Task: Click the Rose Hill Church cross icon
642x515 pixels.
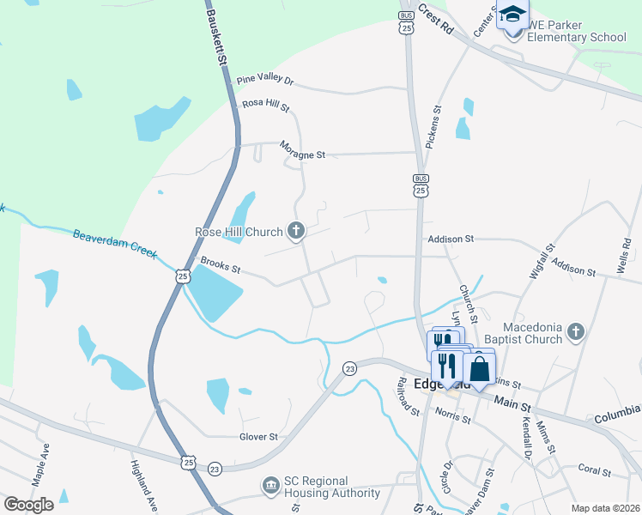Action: click(x=297, y=231)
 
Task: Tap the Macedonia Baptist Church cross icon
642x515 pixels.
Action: click(x=576, y=331)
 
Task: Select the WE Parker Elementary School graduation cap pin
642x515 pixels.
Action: click(x=513, y=17)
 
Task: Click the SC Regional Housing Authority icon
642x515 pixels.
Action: click(x=271, y=487)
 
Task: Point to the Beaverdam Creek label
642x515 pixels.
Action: click(x=115, y=243)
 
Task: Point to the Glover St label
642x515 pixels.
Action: click(x=258, y=436)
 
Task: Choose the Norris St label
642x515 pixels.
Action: click(x=452, y=415)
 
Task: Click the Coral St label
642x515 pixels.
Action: click(x=593, y=470)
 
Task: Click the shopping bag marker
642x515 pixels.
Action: click(x=480, y=368)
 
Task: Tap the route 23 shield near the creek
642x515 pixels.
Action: click(x=349, y=367)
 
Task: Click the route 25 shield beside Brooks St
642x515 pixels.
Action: click(x=181, y=276)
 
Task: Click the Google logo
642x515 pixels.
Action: click(x=28, y=504)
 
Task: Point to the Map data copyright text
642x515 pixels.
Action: click(x=605, y=508)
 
